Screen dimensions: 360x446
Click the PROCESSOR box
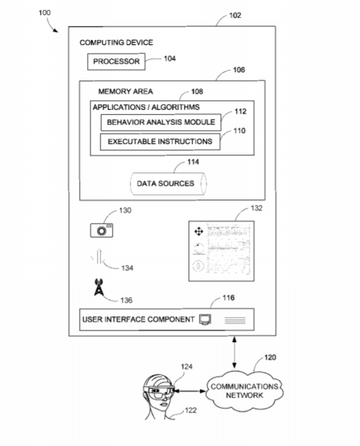pyautogui.click(x=116, y=61)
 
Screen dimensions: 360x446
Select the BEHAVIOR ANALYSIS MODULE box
pyautogui.click(x=161, y=123)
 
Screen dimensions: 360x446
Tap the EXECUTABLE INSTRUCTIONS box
pyautogui.click(x=160, y=142)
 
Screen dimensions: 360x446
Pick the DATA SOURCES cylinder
pyautogui.click(x=168, y=184)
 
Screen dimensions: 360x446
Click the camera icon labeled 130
pyautogui.click(x=102, y=230)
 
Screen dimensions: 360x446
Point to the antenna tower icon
pyautogui.click(x=98, y=287)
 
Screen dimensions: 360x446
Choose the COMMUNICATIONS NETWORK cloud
pyautogui.click(x=245, y=391)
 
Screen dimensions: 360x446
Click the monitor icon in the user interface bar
pyautogui.click(x=205, y=319)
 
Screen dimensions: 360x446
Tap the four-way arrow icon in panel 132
pyautogui.click(x=199, y=232)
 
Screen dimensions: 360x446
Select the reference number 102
pyautogui.click(x=235, y=16)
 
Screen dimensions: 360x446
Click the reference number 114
pyautogui.click(x=193, y=162)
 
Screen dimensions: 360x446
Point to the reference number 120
pyautogui.click(x=270, y=358)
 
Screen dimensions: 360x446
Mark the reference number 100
pyautogui.click(x=45, y=13)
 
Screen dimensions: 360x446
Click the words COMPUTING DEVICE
pyautogui.click(x=116, y=43)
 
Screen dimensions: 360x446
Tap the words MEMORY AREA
pyautogui.click(x=125, y=92)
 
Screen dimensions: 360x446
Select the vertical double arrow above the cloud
pyautogui.click(x=235, y=353)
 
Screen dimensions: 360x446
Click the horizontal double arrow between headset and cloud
pyautogui.click(x=189, y=391)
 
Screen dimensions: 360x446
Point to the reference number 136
pyautogui.click(x=126, y=301)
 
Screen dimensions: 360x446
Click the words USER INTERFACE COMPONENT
pyautogui.click(x=138, y=320)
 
